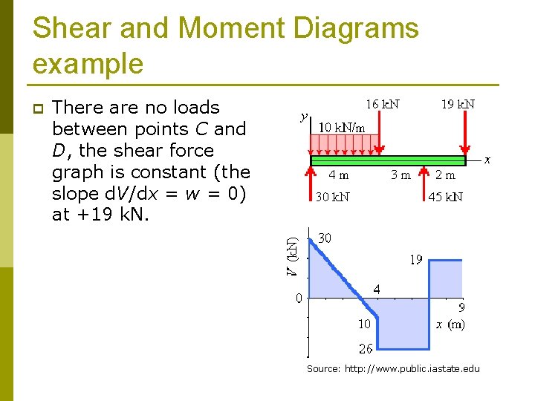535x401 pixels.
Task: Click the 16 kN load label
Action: pyautogui.click(x=383, y=105)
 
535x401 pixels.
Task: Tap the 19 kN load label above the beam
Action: pyautogui.click(x=458, y=105)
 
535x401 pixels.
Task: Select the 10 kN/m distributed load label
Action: pyautogui.click(x=342, y=127)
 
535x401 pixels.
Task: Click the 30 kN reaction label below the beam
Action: pyautogui.click(x=332, y=197)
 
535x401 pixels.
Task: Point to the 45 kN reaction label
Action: pyautogui.click(x=446, y=197)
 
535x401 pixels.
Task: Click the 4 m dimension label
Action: pyautogui.click(x=339, y=176)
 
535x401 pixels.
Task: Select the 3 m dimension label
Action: pyautogui.click(x=401, y=176)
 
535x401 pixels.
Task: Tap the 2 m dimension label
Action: pyautogui.click(x=446, y=176)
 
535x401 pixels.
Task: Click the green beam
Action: pyautogui.click(x=387, y=160)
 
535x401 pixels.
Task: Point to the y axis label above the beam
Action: pyautogui.click(x=303, y=116)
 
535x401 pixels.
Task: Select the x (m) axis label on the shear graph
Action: pyautogui.click(x=450, y=324)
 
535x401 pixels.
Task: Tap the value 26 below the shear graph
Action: pyautogui.click(x=366, y=348)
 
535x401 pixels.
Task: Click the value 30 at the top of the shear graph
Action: pyautogui.click(x=325, y=238)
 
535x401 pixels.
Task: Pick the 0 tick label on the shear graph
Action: pyautogui.click(x=298, y=299)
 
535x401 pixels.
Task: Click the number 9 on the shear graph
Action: pyautogui.click(x=461, y=306)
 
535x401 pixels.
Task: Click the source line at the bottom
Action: pyautogui.click(x=394, y=368)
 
